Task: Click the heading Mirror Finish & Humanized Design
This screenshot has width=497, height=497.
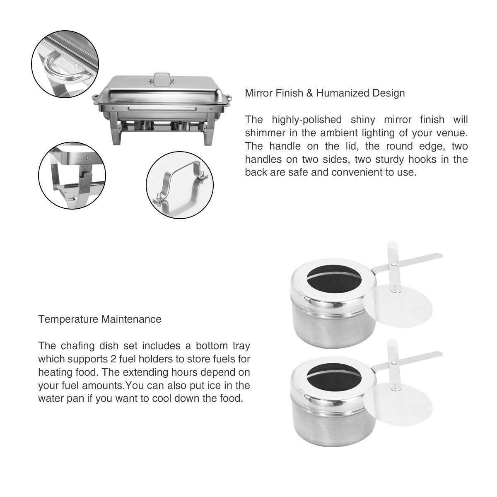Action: pyautogui.click(x=325, y=93)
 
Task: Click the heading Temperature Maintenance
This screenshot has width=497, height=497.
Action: pyautogui.click(x=100, y=319)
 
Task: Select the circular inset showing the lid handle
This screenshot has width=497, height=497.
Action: pyautogui.click(x=179, y=185)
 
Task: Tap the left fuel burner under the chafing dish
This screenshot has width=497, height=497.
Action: pyautogui.click(x=145, y=125)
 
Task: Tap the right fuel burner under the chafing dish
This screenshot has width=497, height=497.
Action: pyautogui.click(x=179, y=125)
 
